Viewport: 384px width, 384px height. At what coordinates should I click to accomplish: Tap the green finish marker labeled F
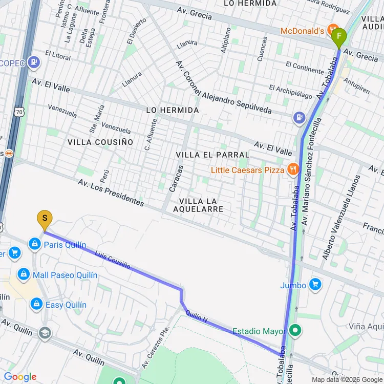pyautogui.click(x=338, y=37)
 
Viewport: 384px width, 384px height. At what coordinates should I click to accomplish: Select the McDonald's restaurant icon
pyautogui.click(x=333, y=31)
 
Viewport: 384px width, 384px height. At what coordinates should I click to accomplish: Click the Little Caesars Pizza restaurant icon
pyautogui.click(x=293, y=169)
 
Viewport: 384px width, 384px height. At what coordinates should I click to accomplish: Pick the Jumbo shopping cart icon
pyautogui.click(x=315, y=285)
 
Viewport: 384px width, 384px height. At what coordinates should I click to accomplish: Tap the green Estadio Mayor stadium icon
pyautogui.click(x=294, y=331)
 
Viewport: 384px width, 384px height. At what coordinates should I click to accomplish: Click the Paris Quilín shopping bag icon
pyautogui.click(x=34, y=244)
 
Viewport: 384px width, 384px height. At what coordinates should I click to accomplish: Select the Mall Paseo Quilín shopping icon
pyautogui.click(x=23, y=275)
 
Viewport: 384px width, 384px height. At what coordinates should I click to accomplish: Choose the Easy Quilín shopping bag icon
pyautogui.click(x=36, y=305)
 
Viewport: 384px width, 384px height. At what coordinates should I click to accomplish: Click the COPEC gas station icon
pyautogui.click(x=34, y=63)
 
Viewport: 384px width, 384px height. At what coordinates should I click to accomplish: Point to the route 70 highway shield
pyautogui.click(x=19, y=111)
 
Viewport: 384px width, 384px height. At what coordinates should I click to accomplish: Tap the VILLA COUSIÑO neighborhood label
pyautogui.click(x=100, y=142)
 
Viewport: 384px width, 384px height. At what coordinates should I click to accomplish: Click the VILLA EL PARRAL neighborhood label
pyautogui.click(x=212, y=154)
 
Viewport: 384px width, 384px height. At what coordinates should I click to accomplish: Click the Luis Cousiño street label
pyautogui.click(x=112, y=260)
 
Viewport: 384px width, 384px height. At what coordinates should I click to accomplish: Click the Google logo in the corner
pyautogui.click(x=20, y=377)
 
